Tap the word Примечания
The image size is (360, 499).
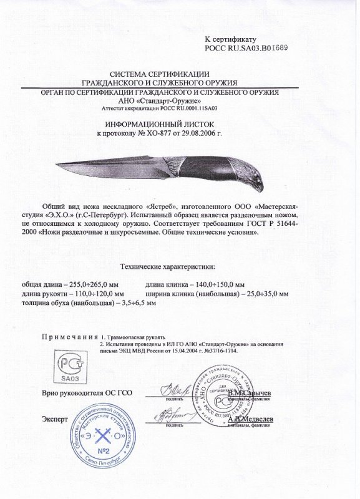pyautogui.click(x=70, y=336)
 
